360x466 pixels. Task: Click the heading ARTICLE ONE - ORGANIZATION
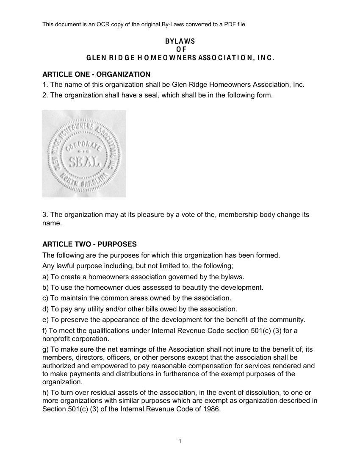coord(96,74)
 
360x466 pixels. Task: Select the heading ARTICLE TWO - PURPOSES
coord(89,244)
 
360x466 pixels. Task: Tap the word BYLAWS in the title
coord(180,41)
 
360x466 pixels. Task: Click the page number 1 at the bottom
coord(180,441)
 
